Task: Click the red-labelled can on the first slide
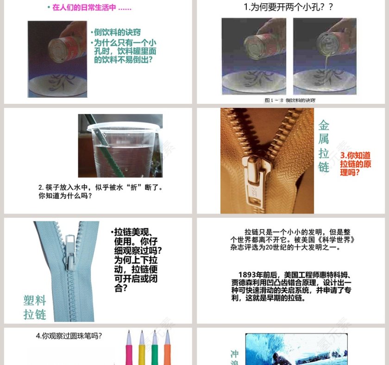pos(63,47)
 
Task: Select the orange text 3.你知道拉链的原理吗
pos(356,164)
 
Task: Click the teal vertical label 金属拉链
pos(324,146)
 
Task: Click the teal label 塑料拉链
pos(35,308)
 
